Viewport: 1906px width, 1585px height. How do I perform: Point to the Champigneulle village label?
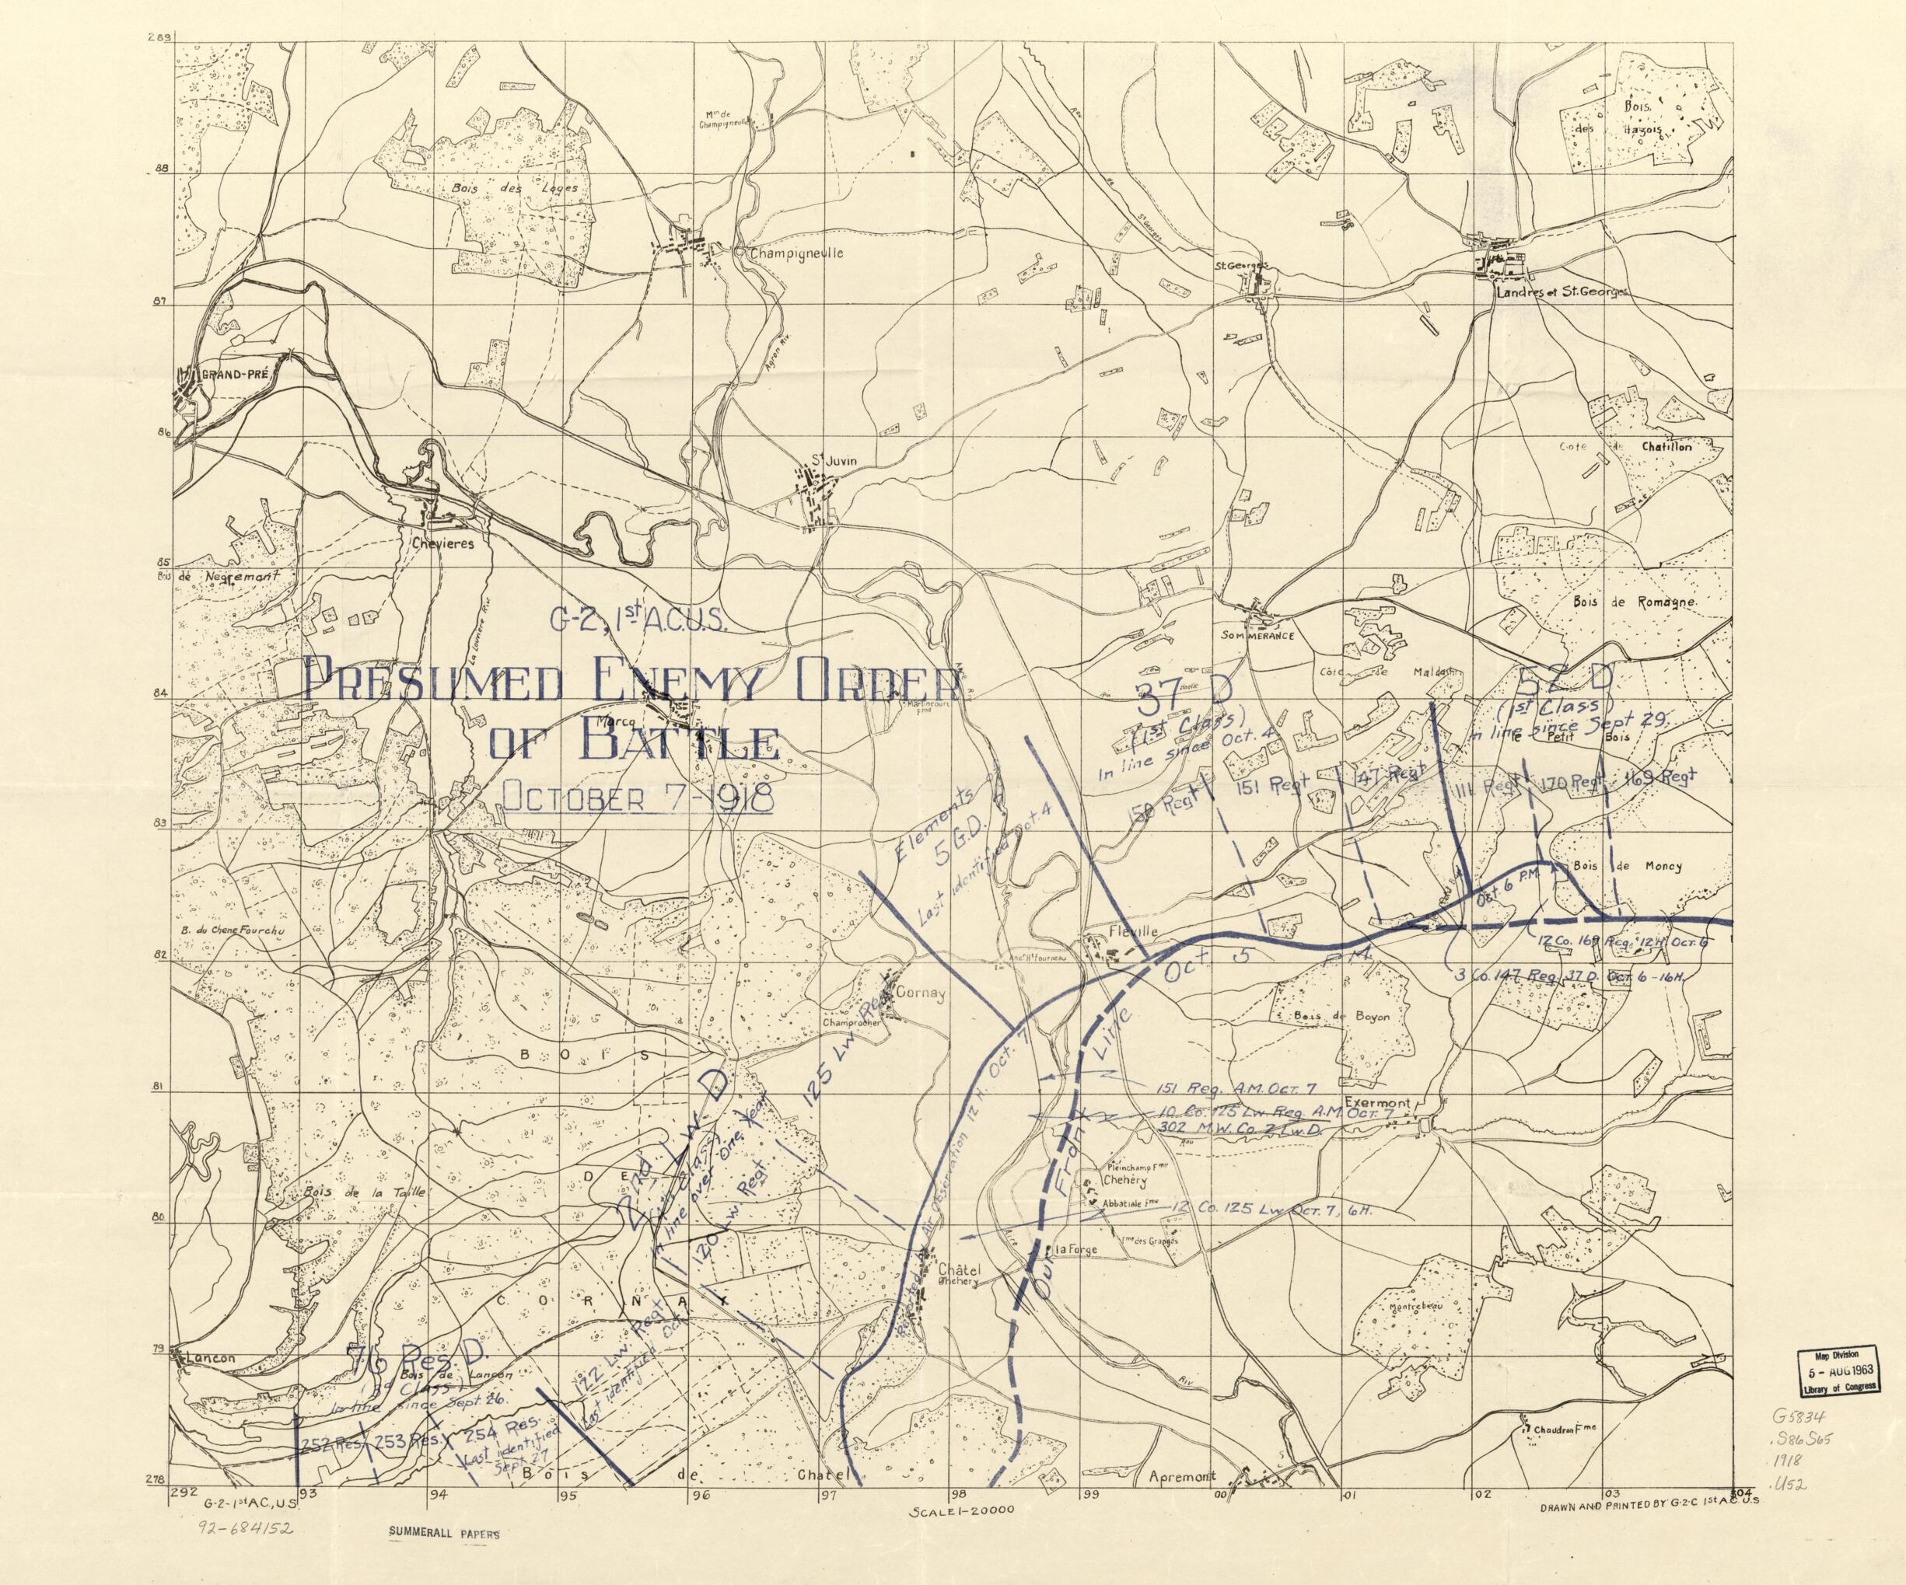(796, 254)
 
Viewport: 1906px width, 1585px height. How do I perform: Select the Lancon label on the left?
(208, 1358)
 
